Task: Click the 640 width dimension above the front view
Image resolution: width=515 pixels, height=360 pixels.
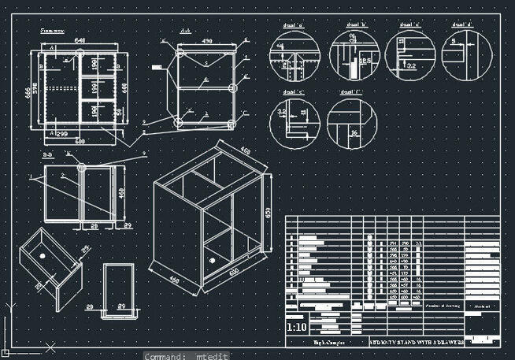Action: pos(80,39)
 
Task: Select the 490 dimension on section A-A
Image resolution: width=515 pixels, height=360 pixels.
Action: pos(207,40)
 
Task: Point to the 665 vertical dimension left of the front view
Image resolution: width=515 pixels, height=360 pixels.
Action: pos(27,91)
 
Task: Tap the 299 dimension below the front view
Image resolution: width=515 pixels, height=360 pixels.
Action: pos(61,135)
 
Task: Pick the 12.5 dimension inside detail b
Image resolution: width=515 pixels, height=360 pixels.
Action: pos(365,60)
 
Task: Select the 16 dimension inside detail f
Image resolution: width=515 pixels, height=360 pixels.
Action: pos(354,133)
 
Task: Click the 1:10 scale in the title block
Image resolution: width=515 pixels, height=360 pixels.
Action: pos(297,327)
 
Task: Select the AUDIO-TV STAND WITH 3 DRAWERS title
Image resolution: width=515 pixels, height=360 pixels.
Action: pos(416,343)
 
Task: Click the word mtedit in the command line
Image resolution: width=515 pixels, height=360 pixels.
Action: pos(212,356)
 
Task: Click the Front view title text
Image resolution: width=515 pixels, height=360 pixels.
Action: pos(52,30)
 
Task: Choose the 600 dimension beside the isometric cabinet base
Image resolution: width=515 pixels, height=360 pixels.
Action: pos(234,272)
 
